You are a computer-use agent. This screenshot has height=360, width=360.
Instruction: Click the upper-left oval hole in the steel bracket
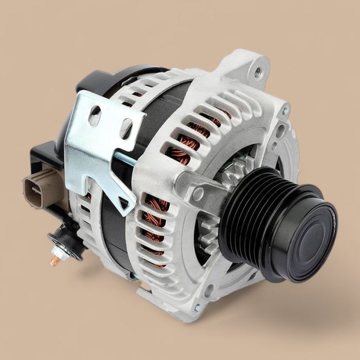94,116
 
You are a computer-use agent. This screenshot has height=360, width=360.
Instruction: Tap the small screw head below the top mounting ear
285,110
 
